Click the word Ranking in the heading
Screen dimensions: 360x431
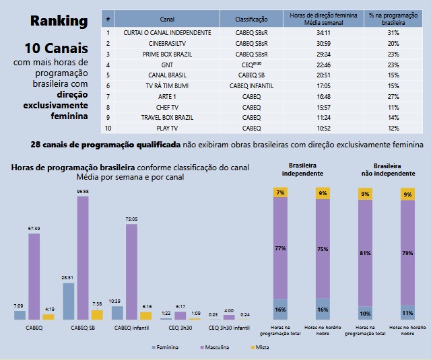click(59, 21)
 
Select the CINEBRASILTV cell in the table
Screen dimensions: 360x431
click(168, 43)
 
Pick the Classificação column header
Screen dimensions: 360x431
click(251, 20)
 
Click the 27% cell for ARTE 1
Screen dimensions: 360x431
click(394, 96)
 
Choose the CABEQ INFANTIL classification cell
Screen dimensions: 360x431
click(251, 85)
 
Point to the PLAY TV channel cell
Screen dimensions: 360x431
click(168, 128)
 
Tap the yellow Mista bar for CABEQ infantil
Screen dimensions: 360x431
click(146, 315)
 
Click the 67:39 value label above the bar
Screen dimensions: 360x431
click(34, 228)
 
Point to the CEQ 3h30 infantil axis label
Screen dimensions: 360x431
click(230, 328)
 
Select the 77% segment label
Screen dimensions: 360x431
click(281, 248)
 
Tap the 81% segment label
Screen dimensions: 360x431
click(365, 254)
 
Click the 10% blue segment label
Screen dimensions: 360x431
click(365, 314)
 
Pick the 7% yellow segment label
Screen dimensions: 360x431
click(281, 192)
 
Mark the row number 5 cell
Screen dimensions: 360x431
click(108, 75)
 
